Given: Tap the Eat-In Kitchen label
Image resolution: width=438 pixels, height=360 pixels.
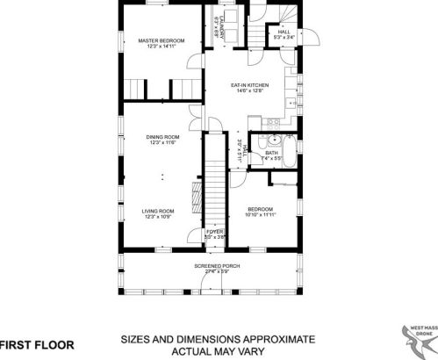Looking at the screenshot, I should tap(247, 85).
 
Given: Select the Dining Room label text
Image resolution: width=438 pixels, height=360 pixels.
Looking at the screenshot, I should tap(162, 137).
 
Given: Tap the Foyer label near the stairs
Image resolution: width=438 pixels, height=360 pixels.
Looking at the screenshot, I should tap(215, 231).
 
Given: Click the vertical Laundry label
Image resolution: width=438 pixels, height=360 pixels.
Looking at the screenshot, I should tap(216, 32).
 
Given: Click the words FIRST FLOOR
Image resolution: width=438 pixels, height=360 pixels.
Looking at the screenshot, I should tap(37, 344).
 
